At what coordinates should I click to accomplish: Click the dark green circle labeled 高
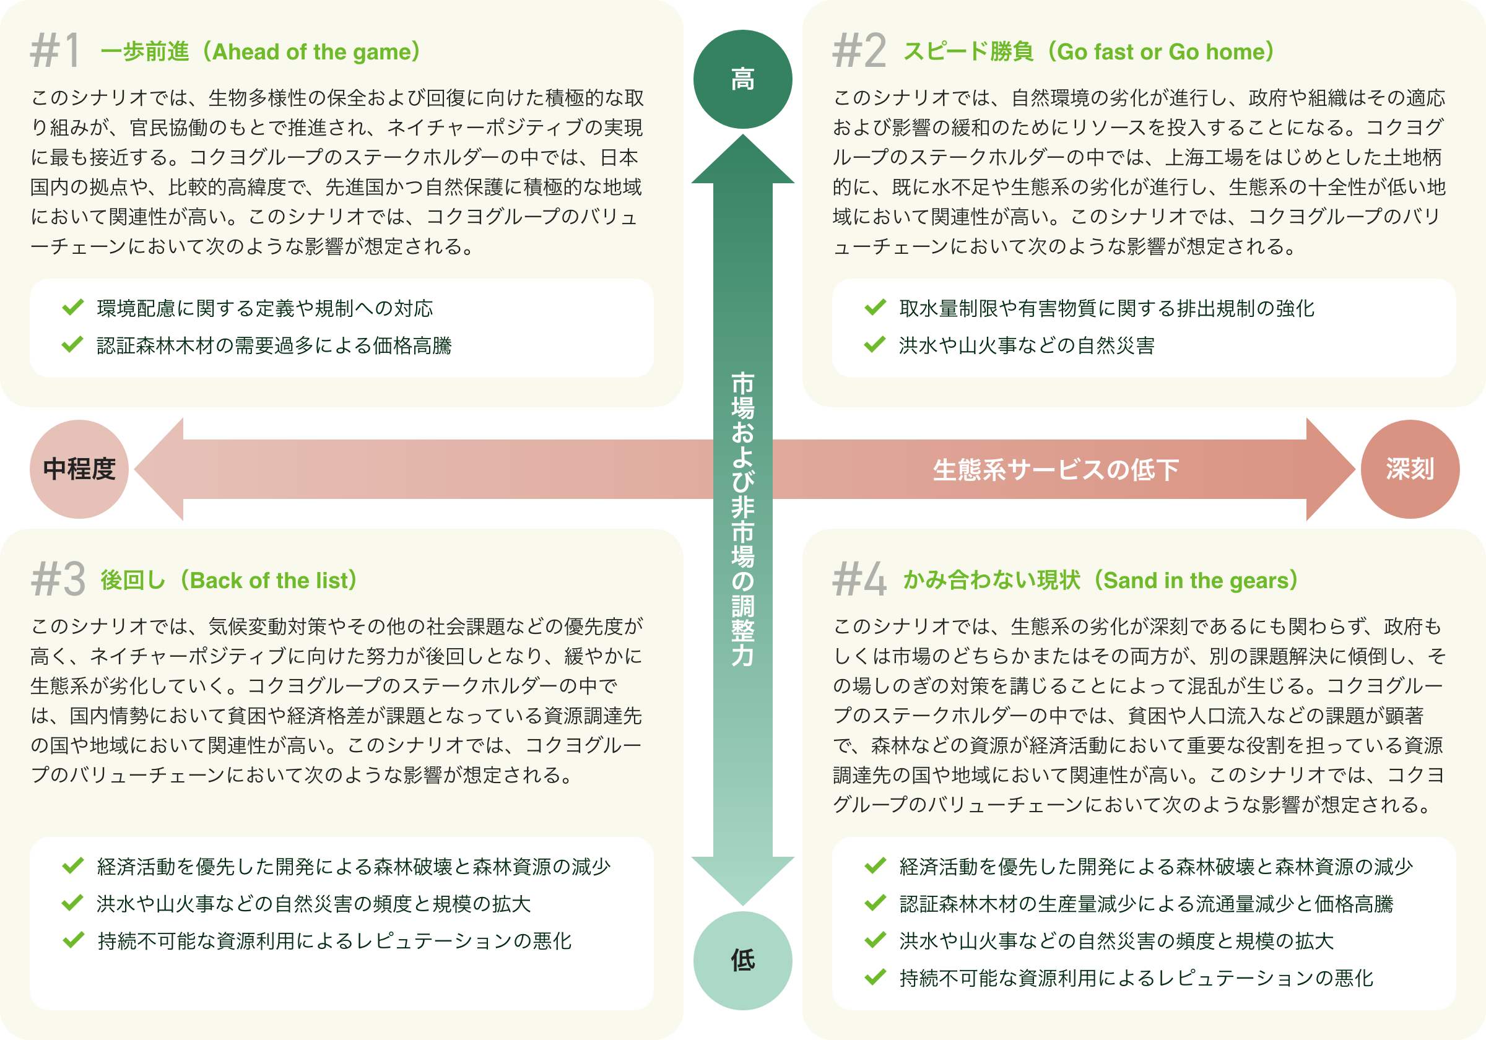tap(742, 79)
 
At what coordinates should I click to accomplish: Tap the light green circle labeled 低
tap(742, 960)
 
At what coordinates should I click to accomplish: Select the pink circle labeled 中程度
tap(79, 469)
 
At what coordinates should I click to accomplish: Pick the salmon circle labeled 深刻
tap(1410, 469)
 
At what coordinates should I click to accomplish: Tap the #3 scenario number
tap(58, 579)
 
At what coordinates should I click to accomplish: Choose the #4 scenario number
tap(859, 579)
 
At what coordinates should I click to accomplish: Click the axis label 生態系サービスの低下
tap(1056, 470)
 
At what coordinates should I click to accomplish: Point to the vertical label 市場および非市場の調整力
tap(742, 519)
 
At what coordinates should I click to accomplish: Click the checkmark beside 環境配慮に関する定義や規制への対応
tap(72, 308)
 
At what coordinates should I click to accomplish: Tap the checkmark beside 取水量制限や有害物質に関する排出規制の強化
tap(875, 308)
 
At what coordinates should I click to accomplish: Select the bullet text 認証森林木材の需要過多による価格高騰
tap(274, 345)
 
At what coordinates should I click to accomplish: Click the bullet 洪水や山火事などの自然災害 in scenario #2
tap(1027, 345)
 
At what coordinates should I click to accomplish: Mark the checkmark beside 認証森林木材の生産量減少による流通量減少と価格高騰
tap(875, 903)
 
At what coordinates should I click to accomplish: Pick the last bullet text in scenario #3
tap(334, 941)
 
